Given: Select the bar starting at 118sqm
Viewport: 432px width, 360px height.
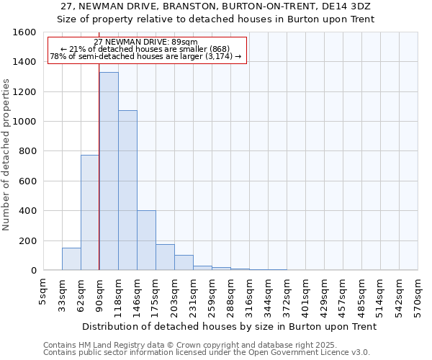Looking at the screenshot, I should point(127,190).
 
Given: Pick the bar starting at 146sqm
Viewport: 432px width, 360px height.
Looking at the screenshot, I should point(146,240).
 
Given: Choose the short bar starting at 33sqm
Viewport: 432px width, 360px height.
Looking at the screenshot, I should point(71,259).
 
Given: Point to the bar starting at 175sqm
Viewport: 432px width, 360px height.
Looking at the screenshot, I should point(165,257).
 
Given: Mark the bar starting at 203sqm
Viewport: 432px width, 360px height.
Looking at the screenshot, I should point(184,263).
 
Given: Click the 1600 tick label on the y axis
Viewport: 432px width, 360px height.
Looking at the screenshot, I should point(24,32).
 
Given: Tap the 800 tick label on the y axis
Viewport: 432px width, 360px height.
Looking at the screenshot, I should point(27,151).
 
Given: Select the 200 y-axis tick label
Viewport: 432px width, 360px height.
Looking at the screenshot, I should point(27,240).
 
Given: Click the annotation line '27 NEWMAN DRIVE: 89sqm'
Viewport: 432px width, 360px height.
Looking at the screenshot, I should point(145,42).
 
